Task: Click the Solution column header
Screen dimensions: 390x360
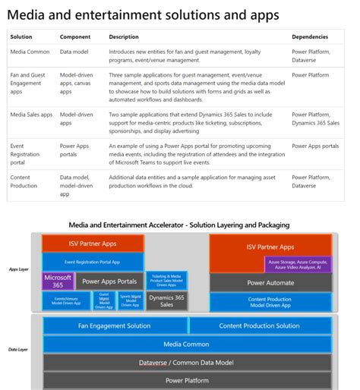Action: (21, 36)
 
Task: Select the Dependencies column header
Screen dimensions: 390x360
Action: (310, 36)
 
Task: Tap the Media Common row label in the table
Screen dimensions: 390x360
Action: (30, 52)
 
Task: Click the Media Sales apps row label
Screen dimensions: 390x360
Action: (31, 115)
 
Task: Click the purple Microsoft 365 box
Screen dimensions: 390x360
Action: (58, 281)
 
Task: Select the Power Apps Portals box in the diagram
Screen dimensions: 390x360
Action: (109, 281)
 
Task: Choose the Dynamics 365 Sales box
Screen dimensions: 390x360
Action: (166, 300)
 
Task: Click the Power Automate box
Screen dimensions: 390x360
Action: (270, 282)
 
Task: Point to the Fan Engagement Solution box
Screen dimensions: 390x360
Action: (115, 326)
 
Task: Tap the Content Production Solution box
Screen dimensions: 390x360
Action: (259, 326)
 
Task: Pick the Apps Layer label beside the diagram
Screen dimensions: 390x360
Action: (18, 269)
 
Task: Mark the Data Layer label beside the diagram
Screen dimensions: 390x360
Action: (18, 350)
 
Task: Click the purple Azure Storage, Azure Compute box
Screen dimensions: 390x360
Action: (298, 264)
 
